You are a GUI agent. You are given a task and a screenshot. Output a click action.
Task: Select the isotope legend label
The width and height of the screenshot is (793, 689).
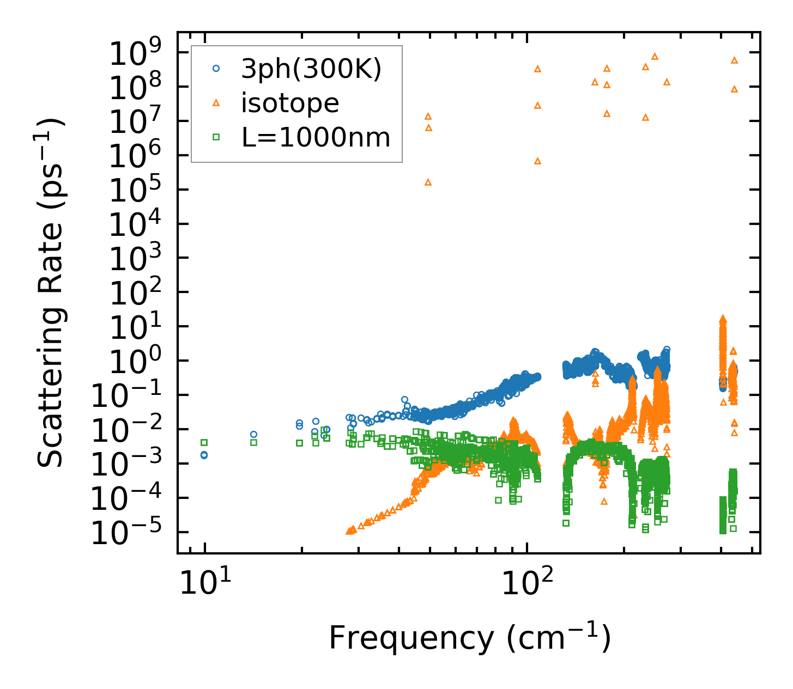click(x=290, y=103)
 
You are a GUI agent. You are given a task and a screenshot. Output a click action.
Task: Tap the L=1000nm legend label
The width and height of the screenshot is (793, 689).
click(x=316, y=138)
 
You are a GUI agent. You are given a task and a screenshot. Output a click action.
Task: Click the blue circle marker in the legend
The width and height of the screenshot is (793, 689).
click(x=216, y=69)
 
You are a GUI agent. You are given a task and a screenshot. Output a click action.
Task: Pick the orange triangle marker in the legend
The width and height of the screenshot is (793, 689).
click(x=216, y=102)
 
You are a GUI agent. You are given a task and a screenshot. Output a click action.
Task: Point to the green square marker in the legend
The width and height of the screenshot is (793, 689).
click(x=216, y=137)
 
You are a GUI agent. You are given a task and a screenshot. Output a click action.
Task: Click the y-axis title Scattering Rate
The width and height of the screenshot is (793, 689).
click(x=51, y=292)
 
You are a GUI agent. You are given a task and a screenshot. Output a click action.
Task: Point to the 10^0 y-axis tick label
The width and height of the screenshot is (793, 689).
click(x=138, y=362)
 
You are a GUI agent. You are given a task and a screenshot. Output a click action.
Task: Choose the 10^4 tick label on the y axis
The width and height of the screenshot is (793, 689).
click(x=138, y=225)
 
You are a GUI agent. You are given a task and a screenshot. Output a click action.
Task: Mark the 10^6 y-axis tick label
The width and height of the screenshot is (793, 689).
click(x=138, y=156)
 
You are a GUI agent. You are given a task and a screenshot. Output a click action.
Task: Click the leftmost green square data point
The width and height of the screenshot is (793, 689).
click(x=204, y=442)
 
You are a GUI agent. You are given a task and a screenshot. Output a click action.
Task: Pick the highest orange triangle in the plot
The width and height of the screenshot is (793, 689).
click(x=655, y=56)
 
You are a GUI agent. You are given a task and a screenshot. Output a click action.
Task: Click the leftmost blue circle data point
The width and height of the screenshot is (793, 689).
click(x=204, y=455)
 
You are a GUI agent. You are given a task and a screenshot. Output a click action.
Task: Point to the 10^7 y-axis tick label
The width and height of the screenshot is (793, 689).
click(x=138, y=122)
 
